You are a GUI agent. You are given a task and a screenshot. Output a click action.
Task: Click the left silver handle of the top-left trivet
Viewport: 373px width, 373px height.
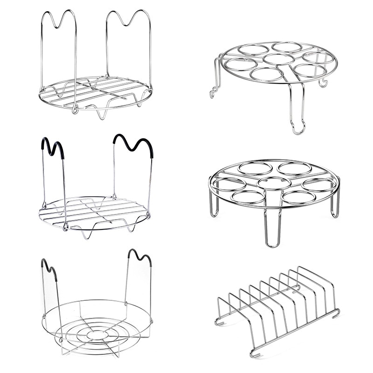(x=59, y=19)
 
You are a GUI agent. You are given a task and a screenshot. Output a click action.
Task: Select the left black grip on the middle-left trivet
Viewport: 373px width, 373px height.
(x=53, y=147)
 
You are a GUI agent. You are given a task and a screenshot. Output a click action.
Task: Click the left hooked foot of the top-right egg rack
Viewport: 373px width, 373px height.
(x=214, y=93)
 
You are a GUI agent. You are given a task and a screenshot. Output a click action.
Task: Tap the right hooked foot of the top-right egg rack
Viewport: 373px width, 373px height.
(x=323, y=83)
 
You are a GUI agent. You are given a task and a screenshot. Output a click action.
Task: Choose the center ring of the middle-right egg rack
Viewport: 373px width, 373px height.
(x=274, y=183)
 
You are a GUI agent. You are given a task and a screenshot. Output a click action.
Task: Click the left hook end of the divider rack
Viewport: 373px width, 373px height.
(x=219, y=321)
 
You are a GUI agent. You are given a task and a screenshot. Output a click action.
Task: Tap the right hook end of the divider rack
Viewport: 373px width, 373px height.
(x=335, y=313)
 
